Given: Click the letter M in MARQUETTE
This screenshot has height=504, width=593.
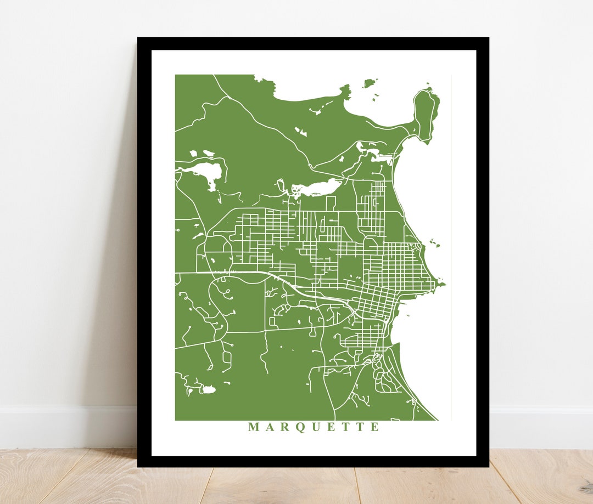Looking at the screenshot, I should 253,427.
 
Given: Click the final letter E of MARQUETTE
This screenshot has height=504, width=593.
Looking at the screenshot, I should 374,427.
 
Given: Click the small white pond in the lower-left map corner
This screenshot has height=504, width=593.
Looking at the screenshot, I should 209,390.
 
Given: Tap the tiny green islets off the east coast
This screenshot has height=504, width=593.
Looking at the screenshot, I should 435,243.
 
